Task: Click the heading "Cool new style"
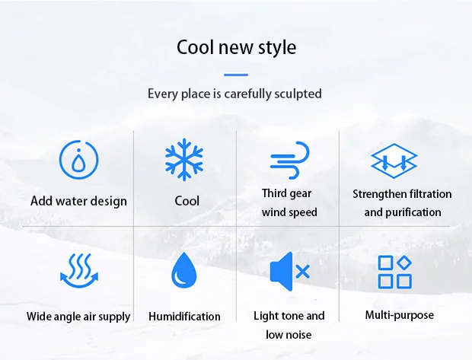[236, 47]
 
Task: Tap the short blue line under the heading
[236, 75]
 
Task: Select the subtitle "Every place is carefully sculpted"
[234, 94]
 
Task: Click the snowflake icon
[184, 160]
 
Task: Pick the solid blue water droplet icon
[184, 271]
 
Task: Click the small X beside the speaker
[303, 272]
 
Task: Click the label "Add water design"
[78, 201]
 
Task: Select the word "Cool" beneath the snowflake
[187, 201]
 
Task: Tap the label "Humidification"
[184, 317]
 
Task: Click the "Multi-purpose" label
[400, 315]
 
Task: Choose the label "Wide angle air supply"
[78, 317]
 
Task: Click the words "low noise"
[289, 335]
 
